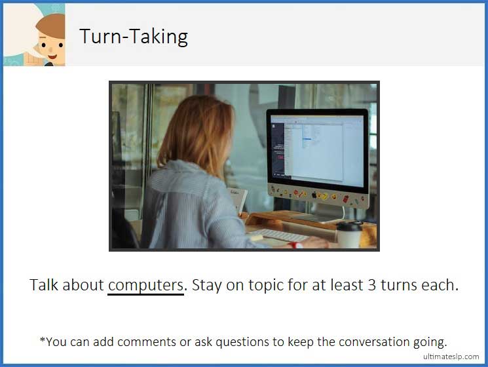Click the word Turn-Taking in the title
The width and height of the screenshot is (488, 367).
pyautogui.click(x=134, y=36)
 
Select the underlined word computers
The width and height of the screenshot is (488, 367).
pyautogui.click(x=145, y=286)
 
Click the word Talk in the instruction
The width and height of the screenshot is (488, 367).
pyautogui.click(x=45, y=286)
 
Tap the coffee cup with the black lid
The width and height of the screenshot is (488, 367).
pyautogui.click(x=348, y=234)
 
